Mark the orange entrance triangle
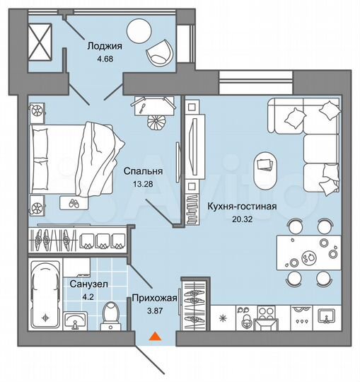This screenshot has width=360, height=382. (153, 337)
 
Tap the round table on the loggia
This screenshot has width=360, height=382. (139, 31)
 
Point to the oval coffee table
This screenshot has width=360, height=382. (266, 166)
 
